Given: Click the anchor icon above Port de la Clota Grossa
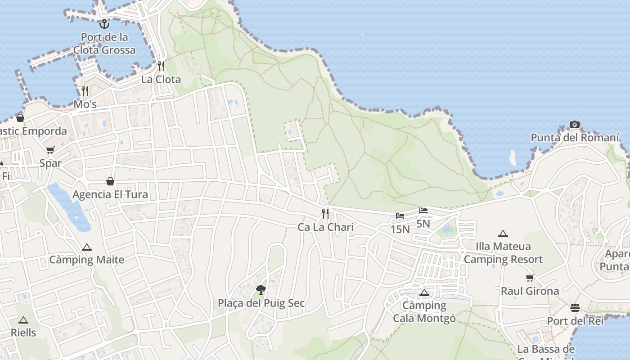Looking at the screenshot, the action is click(104, 23).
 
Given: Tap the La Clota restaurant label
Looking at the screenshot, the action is click(161, 80).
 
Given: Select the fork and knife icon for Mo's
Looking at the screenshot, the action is click(85, 91).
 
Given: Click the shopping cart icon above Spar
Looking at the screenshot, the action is click(50, 150).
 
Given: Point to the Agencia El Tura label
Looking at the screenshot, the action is click(110, 194).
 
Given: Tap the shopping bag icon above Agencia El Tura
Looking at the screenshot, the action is click(110, 181).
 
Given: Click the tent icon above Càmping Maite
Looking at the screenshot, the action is click(87, 247).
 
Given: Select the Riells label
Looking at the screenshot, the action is click(23, 333).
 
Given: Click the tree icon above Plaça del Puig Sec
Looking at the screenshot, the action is click(261, 290).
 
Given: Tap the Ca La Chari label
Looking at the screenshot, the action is click(326, 227).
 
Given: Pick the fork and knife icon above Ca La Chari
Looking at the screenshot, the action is click(325, 213).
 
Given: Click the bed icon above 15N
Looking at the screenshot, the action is click(400, 216).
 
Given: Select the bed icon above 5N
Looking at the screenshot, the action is click(423, 210).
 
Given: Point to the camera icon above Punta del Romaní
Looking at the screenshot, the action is click(575, 124).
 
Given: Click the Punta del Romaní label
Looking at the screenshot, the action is click(575, 138).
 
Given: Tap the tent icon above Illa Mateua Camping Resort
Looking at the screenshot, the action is click(503, 234).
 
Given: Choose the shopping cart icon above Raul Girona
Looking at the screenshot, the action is click(530, 278).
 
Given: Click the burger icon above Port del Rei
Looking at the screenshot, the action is click(575, 308).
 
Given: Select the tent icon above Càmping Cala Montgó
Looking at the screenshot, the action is click(424, 293).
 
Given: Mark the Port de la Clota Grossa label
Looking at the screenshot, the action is click(104, 43).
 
